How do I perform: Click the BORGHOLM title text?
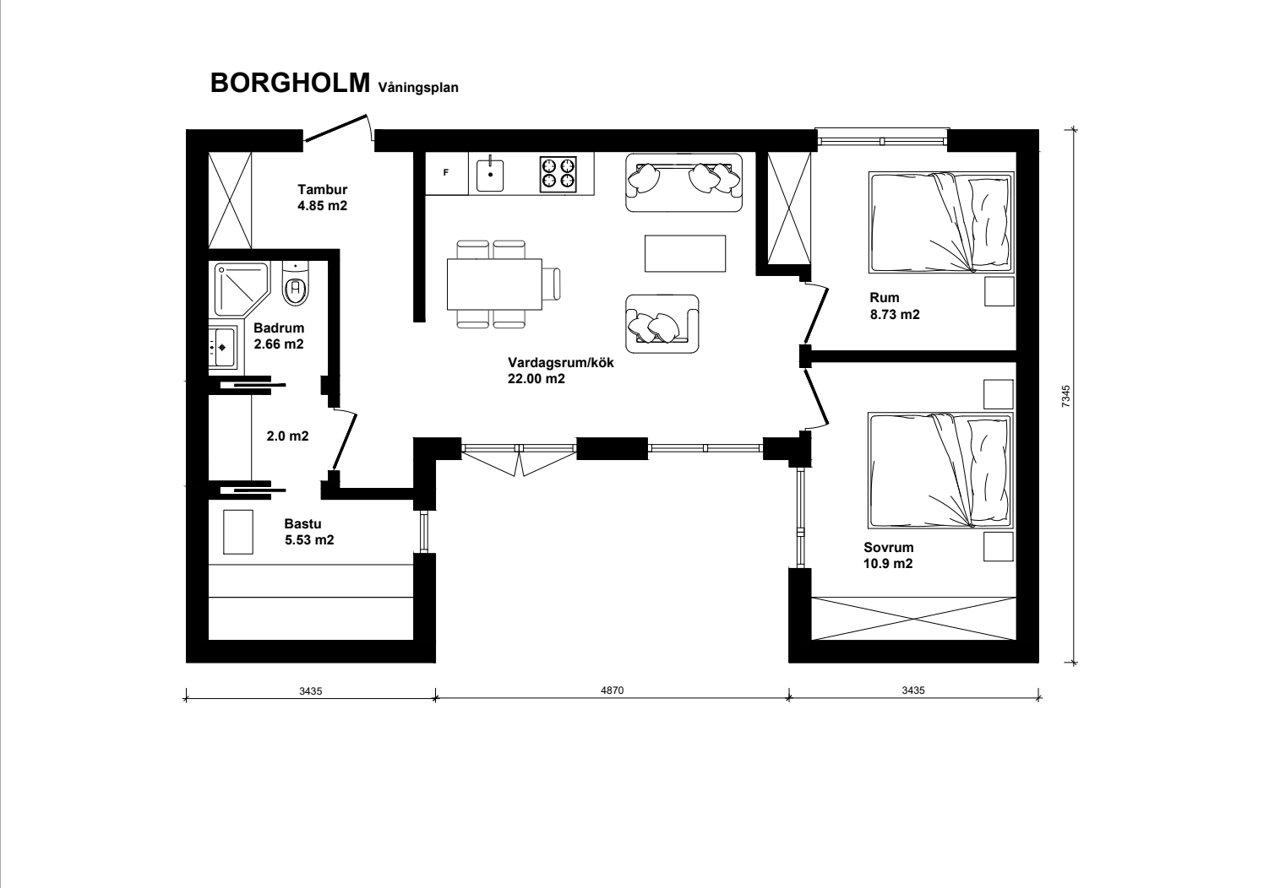(290, 84)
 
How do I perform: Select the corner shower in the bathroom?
(242, 290)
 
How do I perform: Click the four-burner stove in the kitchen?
(558, 175)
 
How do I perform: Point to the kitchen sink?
(491, 175)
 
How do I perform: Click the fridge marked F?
(447, 173)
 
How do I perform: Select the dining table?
(494, 284)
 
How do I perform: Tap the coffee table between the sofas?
(685, 253)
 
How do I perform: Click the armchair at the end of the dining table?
(551, 284)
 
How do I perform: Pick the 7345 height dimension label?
(1066, 396)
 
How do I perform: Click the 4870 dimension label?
(612, 690)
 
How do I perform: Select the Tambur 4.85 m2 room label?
(323, 198)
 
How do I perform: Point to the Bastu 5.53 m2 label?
(309, 532)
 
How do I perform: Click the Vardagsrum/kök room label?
(561, 371)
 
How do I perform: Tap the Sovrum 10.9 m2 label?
(888, 555)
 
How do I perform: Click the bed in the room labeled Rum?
(941, 223)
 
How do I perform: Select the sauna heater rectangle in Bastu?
(238, 532)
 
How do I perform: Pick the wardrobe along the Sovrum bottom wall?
(913, 618)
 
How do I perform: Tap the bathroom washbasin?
(223, 347)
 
